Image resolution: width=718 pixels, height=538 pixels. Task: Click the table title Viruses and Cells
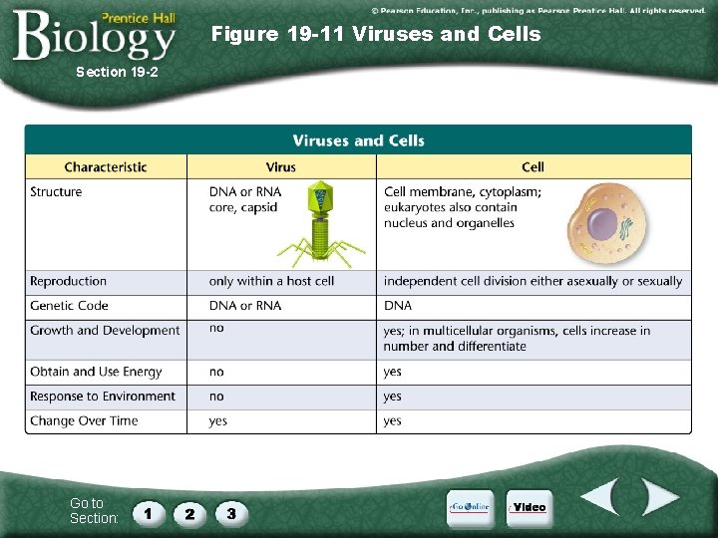358,140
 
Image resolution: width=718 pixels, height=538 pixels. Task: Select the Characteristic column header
106,167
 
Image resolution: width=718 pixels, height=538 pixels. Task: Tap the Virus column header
281,167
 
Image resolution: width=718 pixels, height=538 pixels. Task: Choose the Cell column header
533,167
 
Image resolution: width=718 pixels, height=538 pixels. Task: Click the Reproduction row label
68,282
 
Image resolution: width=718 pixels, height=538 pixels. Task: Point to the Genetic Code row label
69,306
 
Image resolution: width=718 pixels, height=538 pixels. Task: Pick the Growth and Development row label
105,331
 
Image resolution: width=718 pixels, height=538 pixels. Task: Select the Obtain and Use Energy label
96,372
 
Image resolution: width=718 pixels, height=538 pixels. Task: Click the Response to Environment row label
103,397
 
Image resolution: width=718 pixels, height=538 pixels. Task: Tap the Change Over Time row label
84,421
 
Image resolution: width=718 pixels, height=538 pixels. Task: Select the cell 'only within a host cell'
271,282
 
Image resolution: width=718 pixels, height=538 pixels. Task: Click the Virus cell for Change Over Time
218,421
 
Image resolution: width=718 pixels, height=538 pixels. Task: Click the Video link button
530,507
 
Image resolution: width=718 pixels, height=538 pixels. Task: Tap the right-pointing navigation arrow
658,497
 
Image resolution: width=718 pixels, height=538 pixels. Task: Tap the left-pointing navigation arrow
601,497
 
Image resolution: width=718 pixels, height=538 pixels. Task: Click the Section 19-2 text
117,72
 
